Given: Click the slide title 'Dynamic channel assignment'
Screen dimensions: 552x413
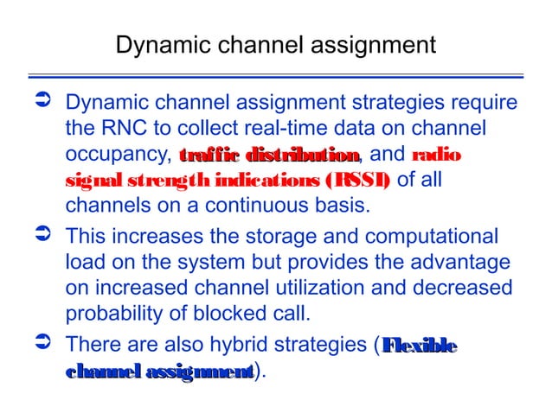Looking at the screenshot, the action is [276, 44].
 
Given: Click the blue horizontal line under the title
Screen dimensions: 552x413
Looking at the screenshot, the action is [276, 75].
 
